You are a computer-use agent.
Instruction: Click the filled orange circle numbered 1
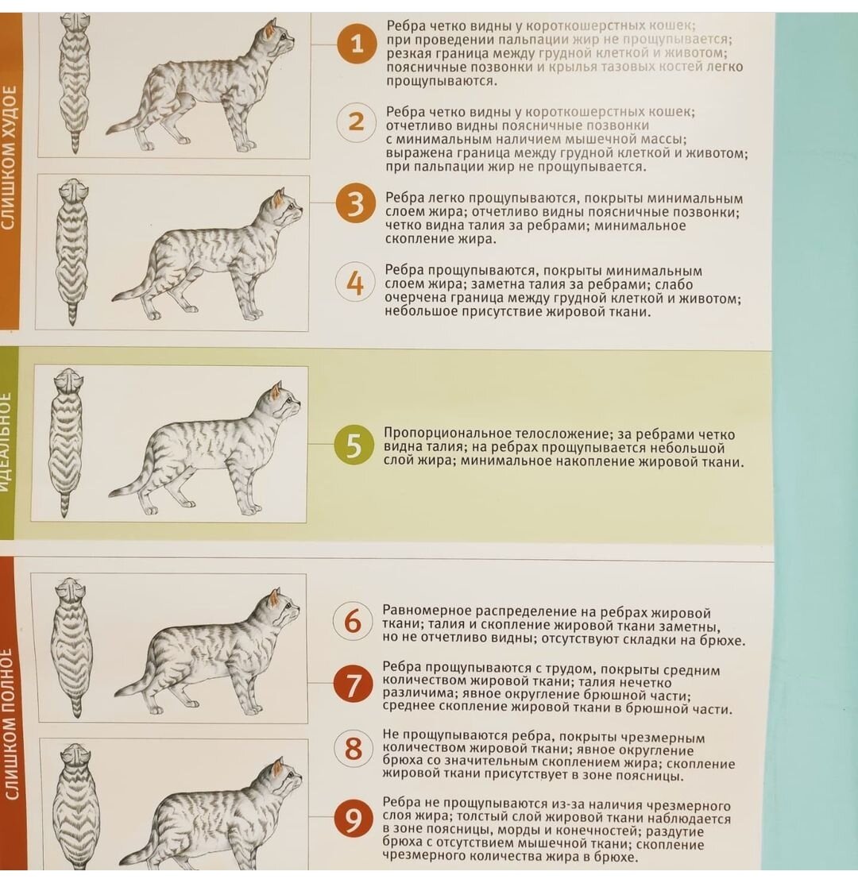(x=356, y=44)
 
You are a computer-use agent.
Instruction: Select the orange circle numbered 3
(x=355, y=203)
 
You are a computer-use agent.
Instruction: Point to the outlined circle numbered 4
(x=355, y=282)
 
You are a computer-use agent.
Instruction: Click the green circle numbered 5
(x=354, y=445)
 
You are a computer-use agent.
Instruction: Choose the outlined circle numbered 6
(x=353, y=621)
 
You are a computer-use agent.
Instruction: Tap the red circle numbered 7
(x=353, y=684)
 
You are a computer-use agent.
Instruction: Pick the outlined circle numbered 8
(x=354, y=749)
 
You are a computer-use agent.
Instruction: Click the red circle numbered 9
(x=353, y=819)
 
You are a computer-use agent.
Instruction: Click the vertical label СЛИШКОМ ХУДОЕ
(x=9, y=158)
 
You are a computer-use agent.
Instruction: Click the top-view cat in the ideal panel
(x=66, y=442)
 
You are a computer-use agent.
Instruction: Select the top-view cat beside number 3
(x=72, y=252)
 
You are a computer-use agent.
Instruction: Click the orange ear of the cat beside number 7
(x=274, y=598)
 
